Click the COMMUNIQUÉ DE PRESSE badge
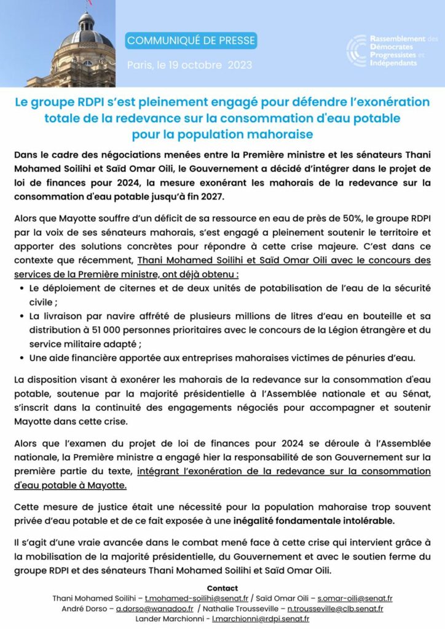point(191,41)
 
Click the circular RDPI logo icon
point(356,50)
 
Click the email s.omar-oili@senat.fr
point(355,598)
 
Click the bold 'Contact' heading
point(222,588)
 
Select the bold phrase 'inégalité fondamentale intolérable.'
point(326,520)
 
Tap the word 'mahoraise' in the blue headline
point(279,134)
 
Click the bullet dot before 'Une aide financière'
point(23,358)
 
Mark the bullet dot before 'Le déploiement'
point(23,287)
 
